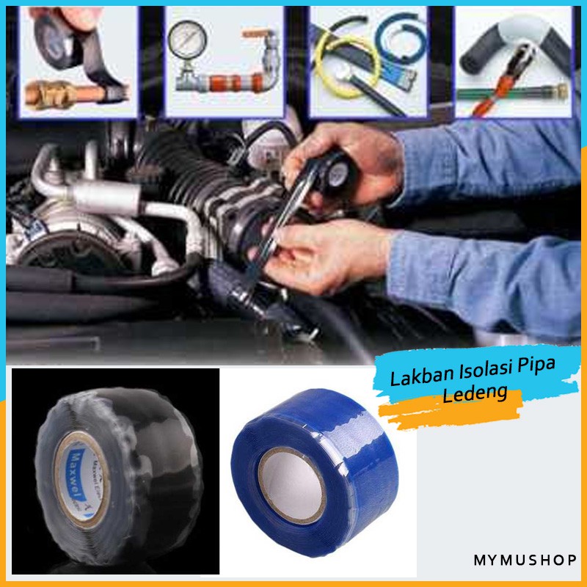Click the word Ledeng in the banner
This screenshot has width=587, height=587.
pyautogui.click(x=475, y=395)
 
